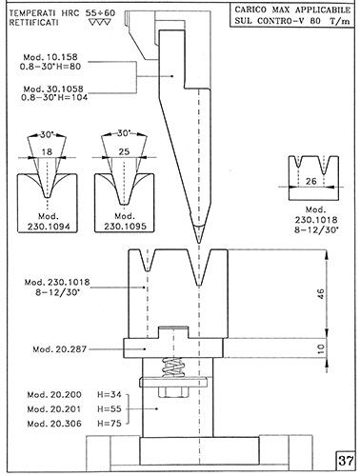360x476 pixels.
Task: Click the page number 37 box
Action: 345,460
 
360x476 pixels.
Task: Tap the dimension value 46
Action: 321,293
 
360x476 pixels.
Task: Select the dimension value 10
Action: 321,348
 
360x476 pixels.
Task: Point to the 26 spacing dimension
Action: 311,181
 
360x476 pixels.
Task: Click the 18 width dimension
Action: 47,152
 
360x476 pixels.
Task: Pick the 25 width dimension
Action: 124,151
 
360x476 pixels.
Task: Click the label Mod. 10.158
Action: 50,57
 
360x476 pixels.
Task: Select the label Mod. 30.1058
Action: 53,89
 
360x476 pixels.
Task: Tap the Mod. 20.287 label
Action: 60,349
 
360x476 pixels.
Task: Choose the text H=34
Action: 110,395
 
